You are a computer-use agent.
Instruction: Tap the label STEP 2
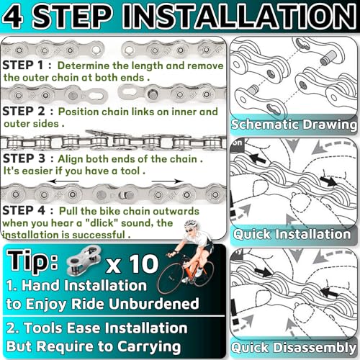tap(27, 112)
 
